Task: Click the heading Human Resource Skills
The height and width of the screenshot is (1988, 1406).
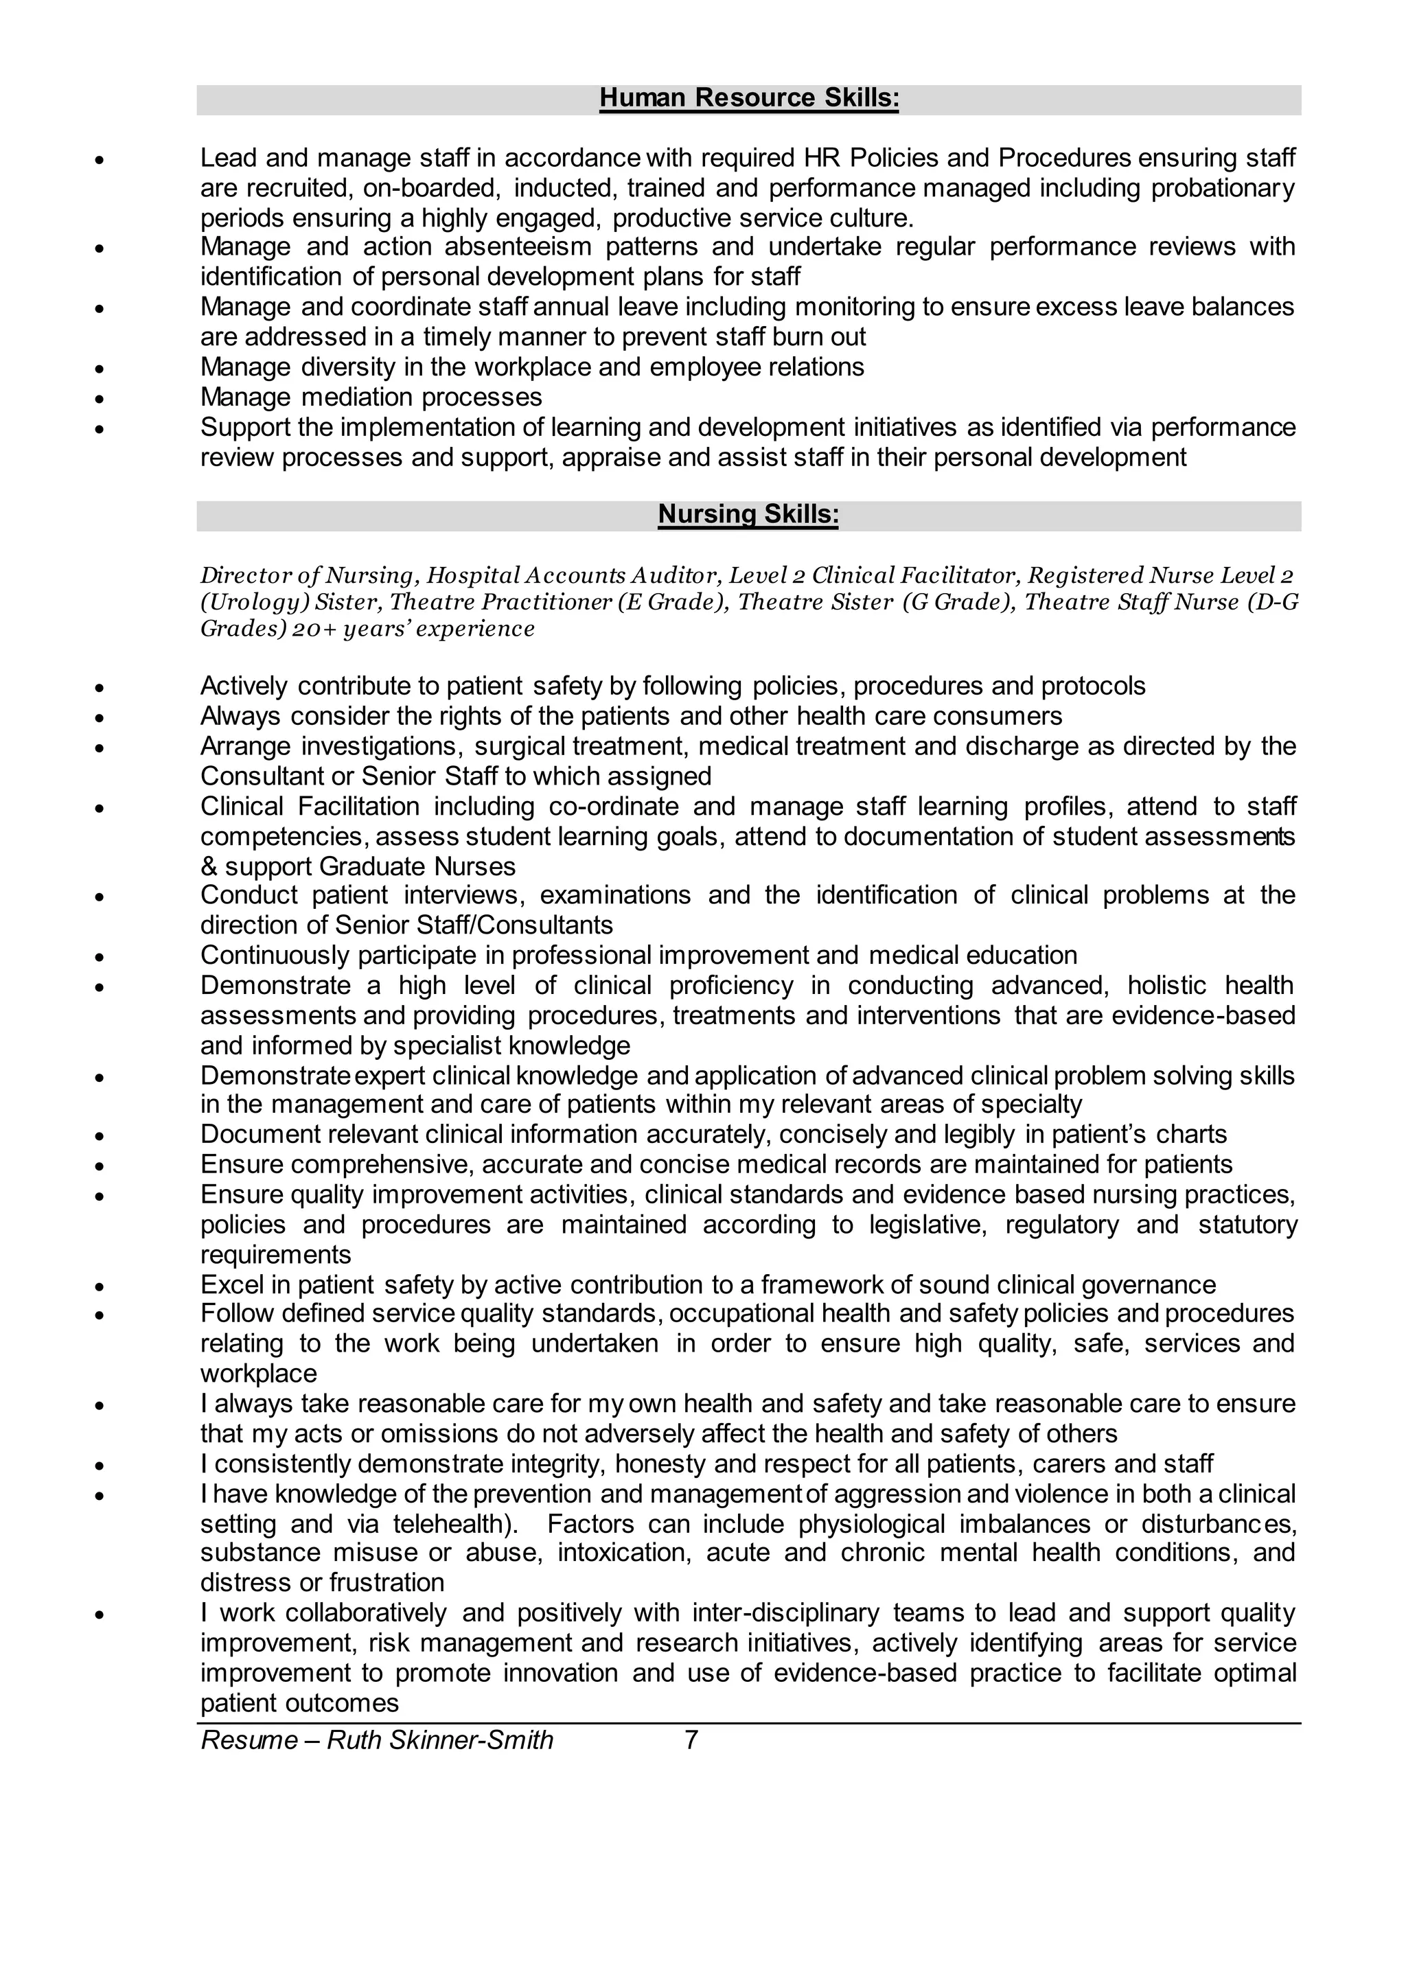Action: (749, 99)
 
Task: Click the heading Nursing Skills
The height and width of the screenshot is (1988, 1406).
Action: (749, 514)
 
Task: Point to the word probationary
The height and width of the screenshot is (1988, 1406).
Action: (1223, 188)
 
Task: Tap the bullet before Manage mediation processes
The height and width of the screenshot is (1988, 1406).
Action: (102, 399)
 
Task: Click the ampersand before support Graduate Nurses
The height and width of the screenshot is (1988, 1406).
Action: (209, 867)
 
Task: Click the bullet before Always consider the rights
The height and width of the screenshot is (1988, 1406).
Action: (102, 718)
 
